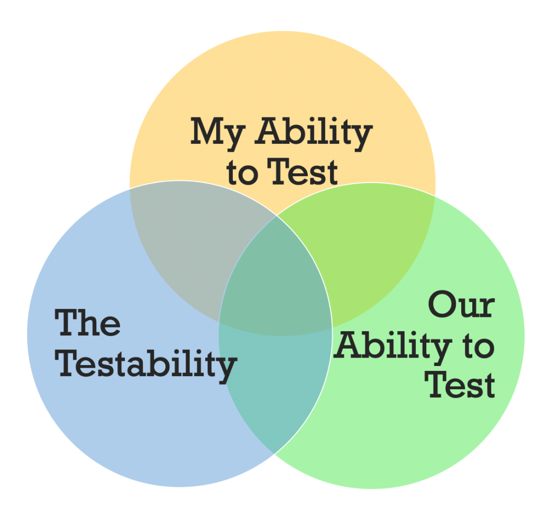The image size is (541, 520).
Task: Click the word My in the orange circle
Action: click(x=217, y=133)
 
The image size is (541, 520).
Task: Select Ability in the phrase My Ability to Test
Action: click(x=314, y=133)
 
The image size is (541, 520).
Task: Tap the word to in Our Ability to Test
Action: click(x=476, y=346)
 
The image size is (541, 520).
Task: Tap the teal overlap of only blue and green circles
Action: click(x=275, y=386)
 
